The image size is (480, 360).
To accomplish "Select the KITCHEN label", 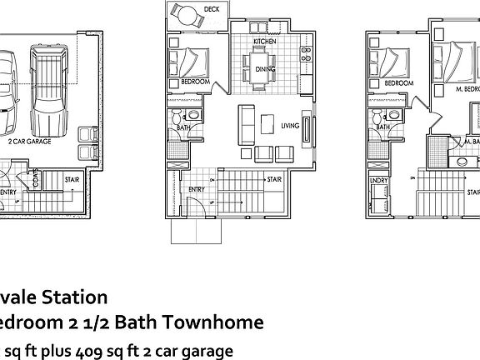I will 265,40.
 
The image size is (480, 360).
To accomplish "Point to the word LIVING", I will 289,126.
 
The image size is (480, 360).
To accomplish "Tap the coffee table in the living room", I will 267,123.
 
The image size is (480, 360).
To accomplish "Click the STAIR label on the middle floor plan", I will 272,179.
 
